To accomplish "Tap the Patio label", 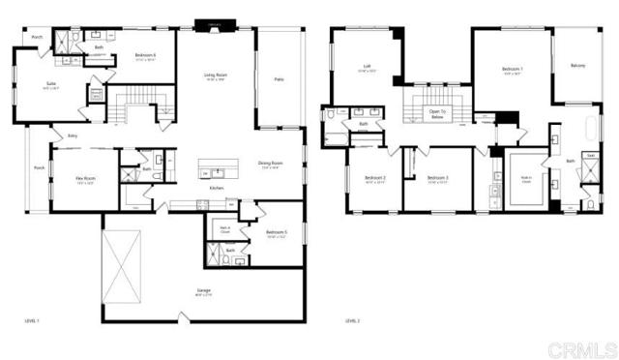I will click(x=279, y=78).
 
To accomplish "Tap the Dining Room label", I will click(x=271, y=163).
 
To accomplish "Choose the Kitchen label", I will click(x=218, y=188).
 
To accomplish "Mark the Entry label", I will click(x=73, y=137).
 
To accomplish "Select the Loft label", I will click(x=355, y=68).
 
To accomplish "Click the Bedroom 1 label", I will click(x=513, y=69).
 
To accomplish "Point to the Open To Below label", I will click(x=437, y=113).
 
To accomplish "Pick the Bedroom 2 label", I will click(x=375, y=178).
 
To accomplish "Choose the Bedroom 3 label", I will click(x=438, y=178).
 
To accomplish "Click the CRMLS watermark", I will click(x=585, y=346).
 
